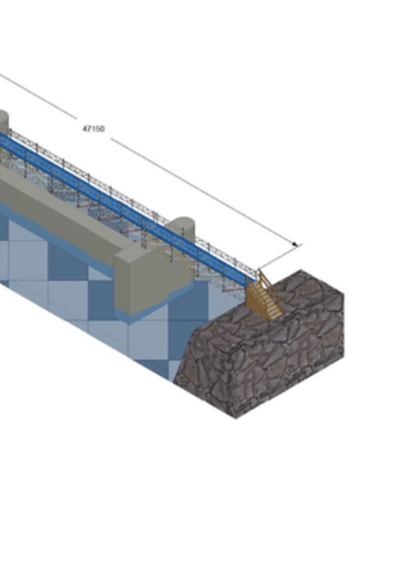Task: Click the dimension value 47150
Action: tap(93, 129)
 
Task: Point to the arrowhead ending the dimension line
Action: tap(296, 245)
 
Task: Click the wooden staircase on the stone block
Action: tap(263, 298)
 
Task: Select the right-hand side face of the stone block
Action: tap(292, 366)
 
